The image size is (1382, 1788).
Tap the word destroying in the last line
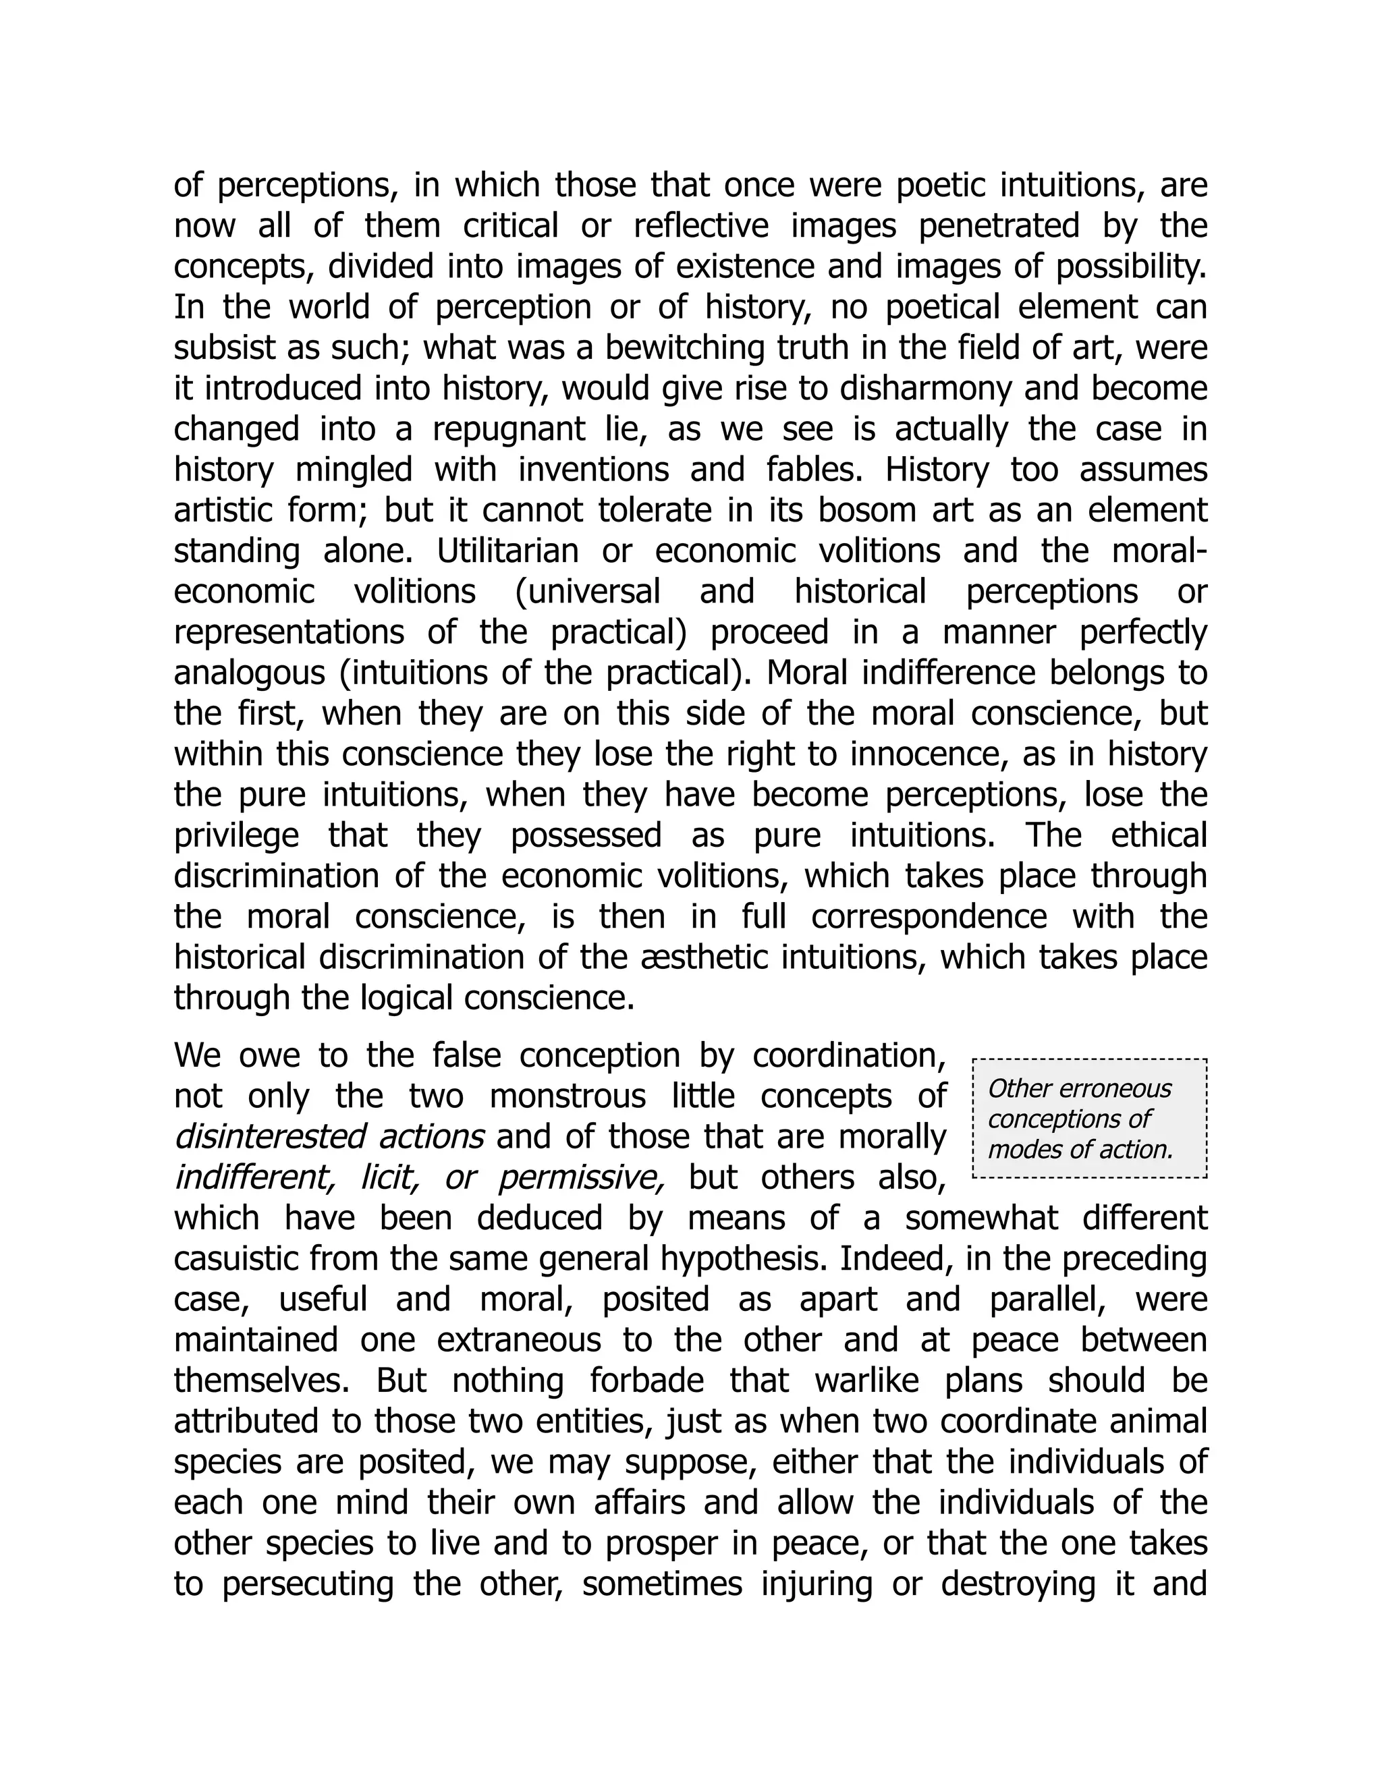click(x=1018, y=1584)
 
